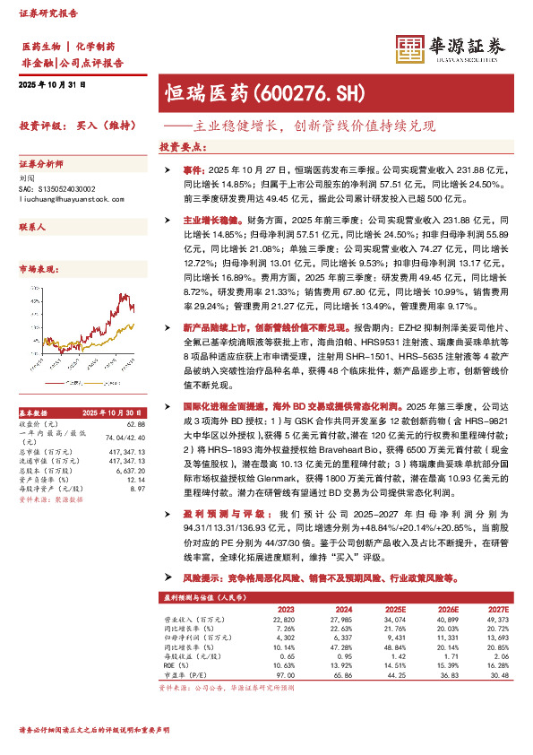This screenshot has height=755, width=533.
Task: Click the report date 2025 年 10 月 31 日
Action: coord(52,84)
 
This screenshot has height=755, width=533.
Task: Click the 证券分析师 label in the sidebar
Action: coord(41,166)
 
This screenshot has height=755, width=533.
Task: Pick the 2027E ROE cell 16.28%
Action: coord(495,665)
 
